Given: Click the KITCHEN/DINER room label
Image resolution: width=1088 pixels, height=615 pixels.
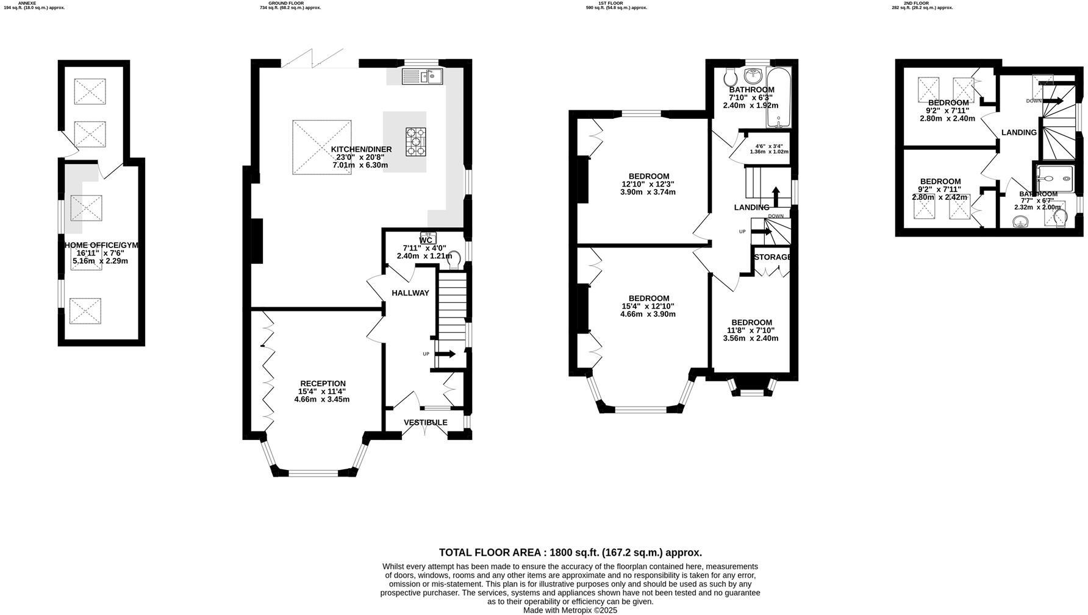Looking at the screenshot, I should (361, 149).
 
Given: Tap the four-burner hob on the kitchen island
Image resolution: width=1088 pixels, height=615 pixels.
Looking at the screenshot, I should (417, 141).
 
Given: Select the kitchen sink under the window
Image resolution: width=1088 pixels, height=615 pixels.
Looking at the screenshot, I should (422, 77).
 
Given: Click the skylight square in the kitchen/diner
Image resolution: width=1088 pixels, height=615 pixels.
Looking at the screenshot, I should (322, 148).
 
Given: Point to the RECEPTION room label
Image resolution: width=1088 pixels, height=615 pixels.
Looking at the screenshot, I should (323, 383).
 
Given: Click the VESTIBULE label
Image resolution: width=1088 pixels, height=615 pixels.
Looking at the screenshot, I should (425, 422).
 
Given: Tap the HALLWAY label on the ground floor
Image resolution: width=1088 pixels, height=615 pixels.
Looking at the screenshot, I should (410, 293).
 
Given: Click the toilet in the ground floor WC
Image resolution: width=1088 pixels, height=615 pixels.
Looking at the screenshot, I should (454, 259).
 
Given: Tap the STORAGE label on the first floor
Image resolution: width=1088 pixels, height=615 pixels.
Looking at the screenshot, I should (772, 257).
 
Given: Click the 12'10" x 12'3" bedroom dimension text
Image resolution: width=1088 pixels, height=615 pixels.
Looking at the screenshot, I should (648, 184).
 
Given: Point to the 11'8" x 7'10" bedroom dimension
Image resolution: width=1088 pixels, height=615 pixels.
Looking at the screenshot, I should (751, 330).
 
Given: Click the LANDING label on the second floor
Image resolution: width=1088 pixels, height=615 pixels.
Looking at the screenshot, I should (1018, 132).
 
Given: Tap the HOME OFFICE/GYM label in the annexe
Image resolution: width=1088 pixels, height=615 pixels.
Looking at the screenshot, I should (101, 245).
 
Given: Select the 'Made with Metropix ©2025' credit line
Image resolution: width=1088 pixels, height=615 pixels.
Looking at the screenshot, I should (570, 610).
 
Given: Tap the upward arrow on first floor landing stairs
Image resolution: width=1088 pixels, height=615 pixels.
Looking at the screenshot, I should (776, 197).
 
